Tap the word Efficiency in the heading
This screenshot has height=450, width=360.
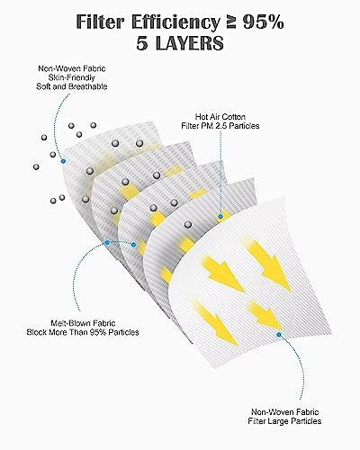[x=175, y=23]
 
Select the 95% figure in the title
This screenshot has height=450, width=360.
[x=263, y=22]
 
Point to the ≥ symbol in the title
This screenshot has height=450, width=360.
[x=231, y=22]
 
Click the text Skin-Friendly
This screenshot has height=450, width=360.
[x=72, y=77]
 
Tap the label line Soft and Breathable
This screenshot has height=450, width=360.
[x=72, y=86]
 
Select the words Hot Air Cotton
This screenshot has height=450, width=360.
[x=220, y=117]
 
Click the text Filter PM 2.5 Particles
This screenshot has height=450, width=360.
[x=220, y=126]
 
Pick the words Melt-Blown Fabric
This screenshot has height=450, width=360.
[x=83, y=323]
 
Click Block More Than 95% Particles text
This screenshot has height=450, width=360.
[x=83, y=332]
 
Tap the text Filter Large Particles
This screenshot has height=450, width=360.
[x=284, y=421]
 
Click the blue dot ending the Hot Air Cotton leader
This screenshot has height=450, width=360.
[x=220, y=216]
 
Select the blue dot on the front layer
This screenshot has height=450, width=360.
[x=279, y=334]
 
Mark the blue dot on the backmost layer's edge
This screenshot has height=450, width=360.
[x=63, y=161]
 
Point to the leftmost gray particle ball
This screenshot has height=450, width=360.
[x=36, y=166]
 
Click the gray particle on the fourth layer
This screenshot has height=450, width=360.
[x=188, y=224]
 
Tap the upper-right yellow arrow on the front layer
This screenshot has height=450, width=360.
[x=268, y=265]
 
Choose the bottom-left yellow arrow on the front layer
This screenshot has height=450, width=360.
[x=215, y=321]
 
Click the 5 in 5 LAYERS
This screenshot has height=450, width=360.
[x=143, y=43]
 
